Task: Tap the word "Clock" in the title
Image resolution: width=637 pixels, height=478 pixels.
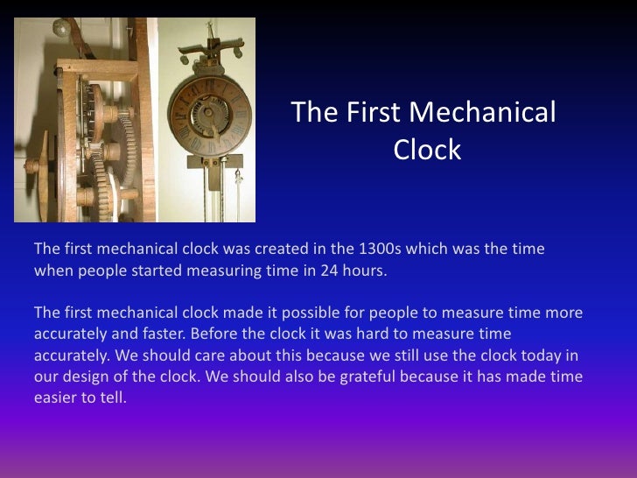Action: (427, 151)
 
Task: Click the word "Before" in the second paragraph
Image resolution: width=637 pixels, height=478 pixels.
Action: (212, 334)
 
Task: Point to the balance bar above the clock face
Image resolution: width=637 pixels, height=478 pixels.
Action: (211, 39)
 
